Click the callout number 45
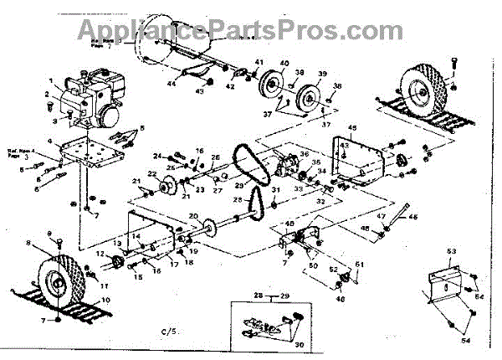pos(352,127)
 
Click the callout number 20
pos(194,217)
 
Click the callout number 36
pos(305,152)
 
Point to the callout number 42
pos(230,85)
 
